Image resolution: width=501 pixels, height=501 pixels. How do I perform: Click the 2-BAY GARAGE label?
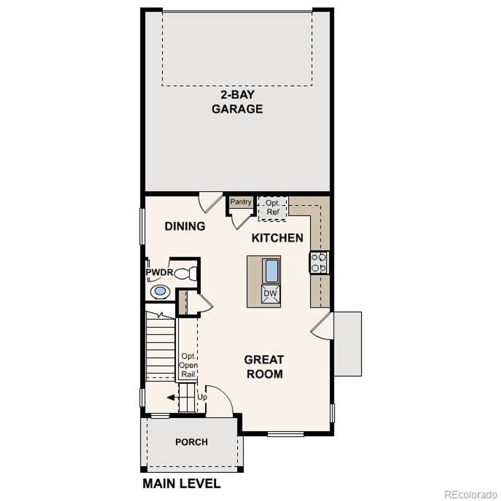[x=237, y=102]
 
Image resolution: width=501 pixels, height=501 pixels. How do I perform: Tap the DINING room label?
[x=185, y=226]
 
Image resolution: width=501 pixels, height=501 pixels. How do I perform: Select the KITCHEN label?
[x=277, y=238]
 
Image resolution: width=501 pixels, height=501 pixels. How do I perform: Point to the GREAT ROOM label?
[x=264, y=367]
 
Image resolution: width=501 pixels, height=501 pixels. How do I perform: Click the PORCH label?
[x=191, y=442]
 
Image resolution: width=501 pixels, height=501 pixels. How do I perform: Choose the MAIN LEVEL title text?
[x=182, y=483]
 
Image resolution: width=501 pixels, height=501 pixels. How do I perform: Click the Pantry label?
[x=241, y=202]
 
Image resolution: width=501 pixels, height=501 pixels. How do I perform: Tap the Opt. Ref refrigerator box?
[x=273, y=208]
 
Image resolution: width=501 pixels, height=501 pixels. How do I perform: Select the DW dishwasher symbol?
[x=270, y=294]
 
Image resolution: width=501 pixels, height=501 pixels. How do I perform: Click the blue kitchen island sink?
[x=272, y=270]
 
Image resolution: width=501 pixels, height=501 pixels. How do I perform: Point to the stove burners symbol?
[x=319, y=263]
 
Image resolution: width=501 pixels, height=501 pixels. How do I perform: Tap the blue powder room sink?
[x=160, y=291]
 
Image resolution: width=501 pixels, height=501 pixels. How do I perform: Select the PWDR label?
[x=159, y=272]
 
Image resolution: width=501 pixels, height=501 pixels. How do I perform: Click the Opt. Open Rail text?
[x=188, y=365]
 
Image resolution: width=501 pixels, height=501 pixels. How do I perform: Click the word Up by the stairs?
[x=202, y=397]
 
